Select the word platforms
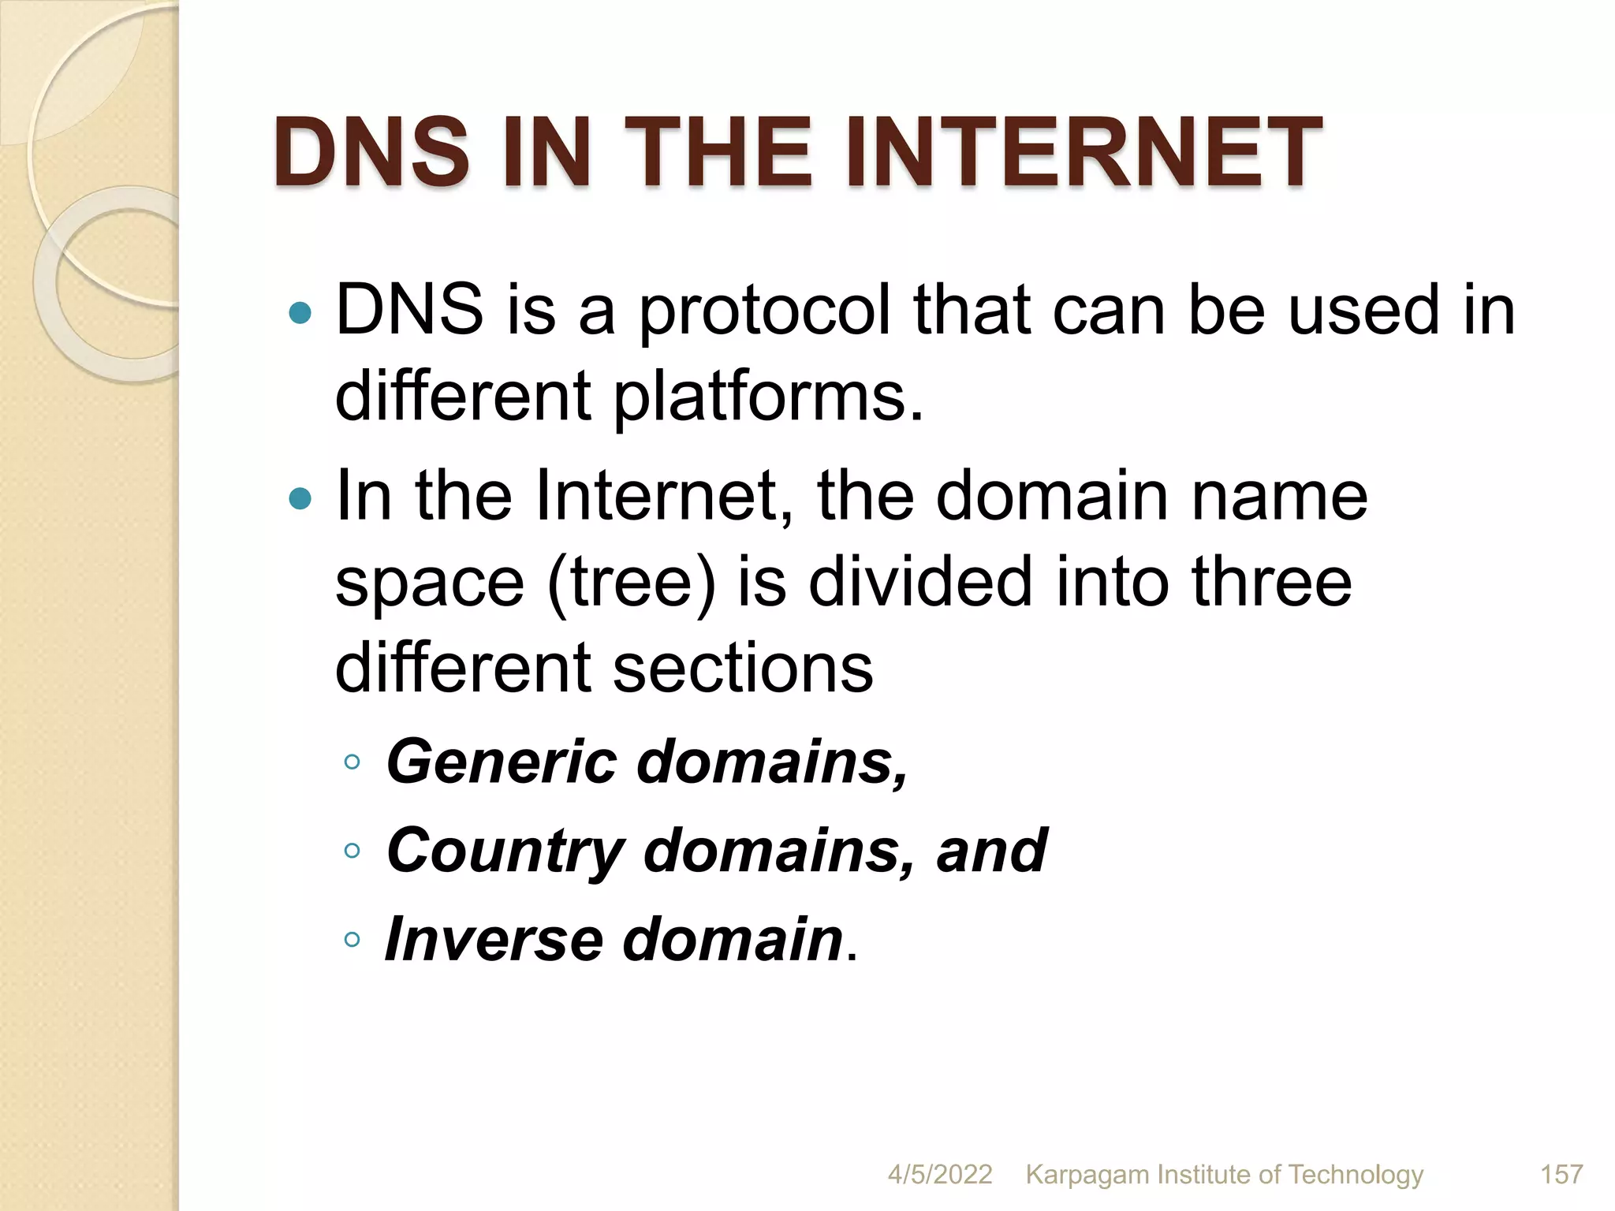coord(767,397)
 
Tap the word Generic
coord(502,762)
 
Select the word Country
coord(505,852)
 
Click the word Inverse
coord(494,939)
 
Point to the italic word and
coord(991,851)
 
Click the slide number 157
coord(1561,1174)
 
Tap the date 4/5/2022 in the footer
coord(939,1174)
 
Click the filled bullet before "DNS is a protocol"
coord(300,314)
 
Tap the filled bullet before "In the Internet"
coord(300,498)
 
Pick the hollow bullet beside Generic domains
coord(352,762)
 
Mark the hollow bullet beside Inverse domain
coord(352,939)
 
